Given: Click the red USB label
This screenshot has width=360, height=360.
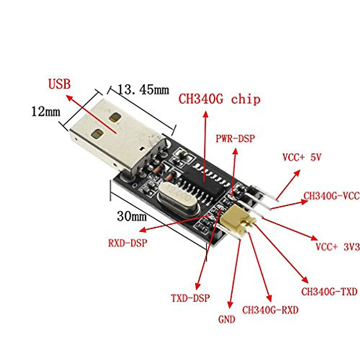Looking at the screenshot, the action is [59, 84].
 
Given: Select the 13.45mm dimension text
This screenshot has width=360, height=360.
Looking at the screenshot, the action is [143, 90].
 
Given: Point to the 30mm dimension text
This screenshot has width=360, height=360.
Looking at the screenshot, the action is [132, 216].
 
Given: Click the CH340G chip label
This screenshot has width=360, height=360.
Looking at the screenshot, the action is [219, 99].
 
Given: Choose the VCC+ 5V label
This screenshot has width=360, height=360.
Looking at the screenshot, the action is [302, 157].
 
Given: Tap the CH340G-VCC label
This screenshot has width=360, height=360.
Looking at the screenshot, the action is [331, 196].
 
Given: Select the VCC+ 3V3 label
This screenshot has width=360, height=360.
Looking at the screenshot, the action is [337, 247].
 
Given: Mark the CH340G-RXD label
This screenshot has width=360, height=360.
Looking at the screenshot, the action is [270, 310].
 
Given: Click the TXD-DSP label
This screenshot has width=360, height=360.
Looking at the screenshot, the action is [190, 298].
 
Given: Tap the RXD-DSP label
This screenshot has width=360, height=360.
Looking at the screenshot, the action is [128, 243].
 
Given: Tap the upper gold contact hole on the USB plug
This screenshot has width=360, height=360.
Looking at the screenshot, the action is [115, 117].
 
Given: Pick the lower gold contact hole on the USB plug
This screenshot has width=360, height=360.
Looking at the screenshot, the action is [97, 134].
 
